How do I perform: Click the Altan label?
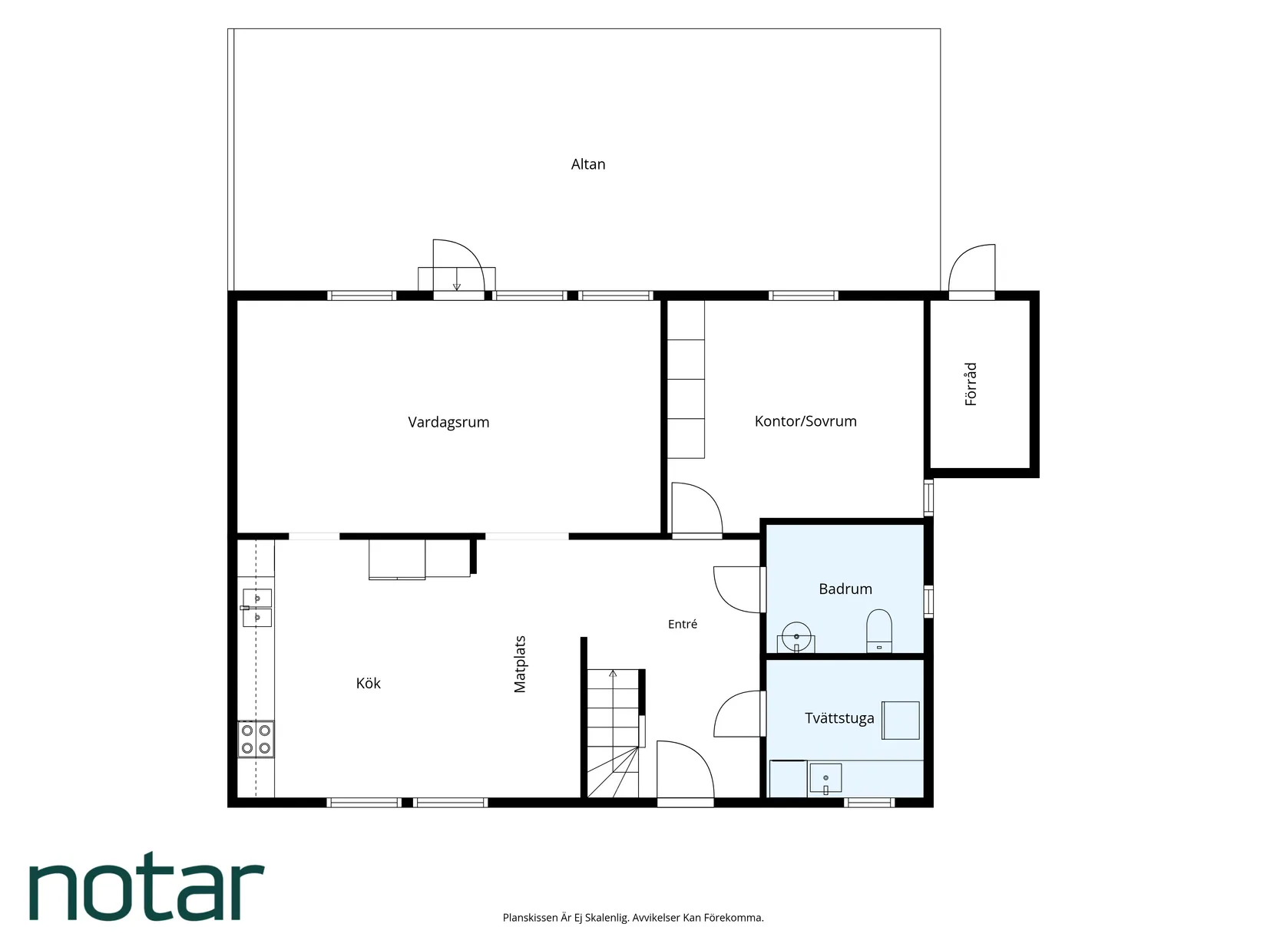click(587, 164)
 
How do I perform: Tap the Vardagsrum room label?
click(448, 422)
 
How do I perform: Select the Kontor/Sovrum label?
click(806, 421)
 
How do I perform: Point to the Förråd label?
click(971, 384)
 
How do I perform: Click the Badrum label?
click(845, 589)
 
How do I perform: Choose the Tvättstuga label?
click(839, 718)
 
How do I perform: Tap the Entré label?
click(683, 624)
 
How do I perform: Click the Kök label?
click(369, 683)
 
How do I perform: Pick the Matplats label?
click(520, 664)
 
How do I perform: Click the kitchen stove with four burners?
click(256, 740)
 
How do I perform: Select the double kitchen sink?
click(257, 608)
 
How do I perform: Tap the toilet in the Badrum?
click(879, 631)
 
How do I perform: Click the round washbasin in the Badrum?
click(796, 637)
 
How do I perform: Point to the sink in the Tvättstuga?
click(825, 778)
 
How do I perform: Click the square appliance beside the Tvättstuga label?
click(901, 721)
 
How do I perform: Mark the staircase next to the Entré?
click(614, 733)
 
